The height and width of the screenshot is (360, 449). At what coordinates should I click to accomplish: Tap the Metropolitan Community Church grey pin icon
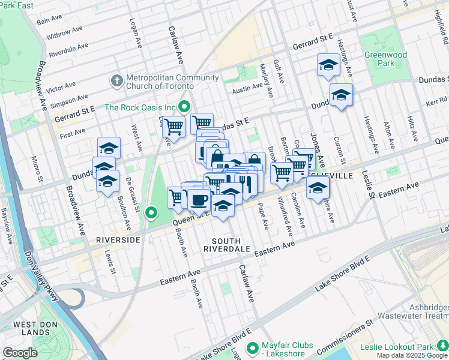pyautogui.click(x=116, y=80)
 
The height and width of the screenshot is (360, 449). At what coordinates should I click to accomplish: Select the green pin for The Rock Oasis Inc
pyautogui.click(x=184, y=107)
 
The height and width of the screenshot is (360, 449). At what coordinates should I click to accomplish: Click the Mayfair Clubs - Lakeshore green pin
pyautogui.click(x=253, y=347)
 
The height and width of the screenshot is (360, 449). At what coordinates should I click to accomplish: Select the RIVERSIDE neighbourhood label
pyautogui.click(x=118, y=239)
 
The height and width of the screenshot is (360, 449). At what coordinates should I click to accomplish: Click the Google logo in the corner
pyautogui.click(x=20, y=353)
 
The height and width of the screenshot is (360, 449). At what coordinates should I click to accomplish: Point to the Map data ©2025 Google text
pyautogui.click(x=412, y=355)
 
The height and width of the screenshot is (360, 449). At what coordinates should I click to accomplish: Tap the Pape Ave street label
pyautogui.click(x=263, y=215)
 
